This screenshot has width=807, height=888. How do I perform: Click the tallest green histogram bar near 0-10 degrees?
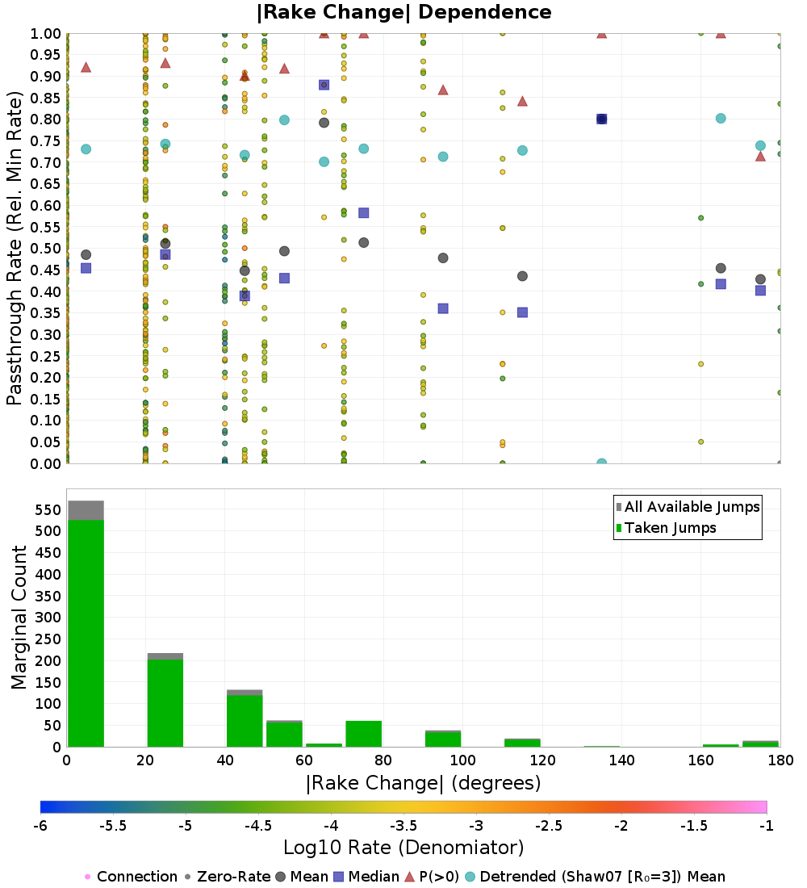tap(86, 633)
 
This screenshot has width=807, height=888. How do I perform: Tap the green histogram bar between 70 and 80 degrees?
tap(363, 734)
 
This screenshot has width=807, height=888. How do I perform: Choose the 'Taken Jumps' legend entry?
tap(671, 528)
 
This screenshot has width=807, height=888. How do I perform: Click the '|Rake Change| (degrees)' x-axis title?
tap(423, 784)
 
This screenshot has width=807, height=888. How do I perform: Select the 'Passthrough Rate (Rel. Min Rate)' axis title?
tap(15, 249)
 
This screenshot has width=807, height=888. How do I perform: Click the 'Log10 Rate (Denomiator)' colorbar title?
tap(403, 848)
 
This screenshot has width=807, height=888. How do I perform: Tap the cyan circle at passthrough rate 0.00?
tap(601, 463)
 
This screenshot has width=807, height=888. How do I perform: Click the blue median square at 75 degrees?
tap(363, 213)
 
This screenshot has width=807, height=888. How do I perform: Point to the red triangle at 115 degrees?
tap(522, 101)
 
